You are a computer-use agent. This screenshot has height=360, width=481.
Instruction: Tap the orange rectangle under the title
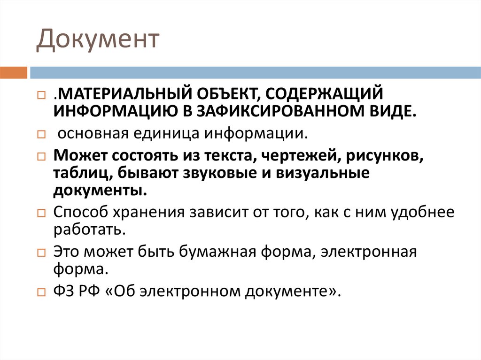[14, 73]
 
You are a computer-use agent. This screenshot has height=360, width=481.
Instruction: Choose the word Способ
[80, 212]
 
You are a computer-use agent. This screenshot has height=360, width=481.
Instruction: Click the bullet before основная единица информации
[41, 134]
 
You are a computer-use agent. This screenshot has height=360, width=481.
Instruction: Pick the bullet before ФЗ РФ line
[41, 292]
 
